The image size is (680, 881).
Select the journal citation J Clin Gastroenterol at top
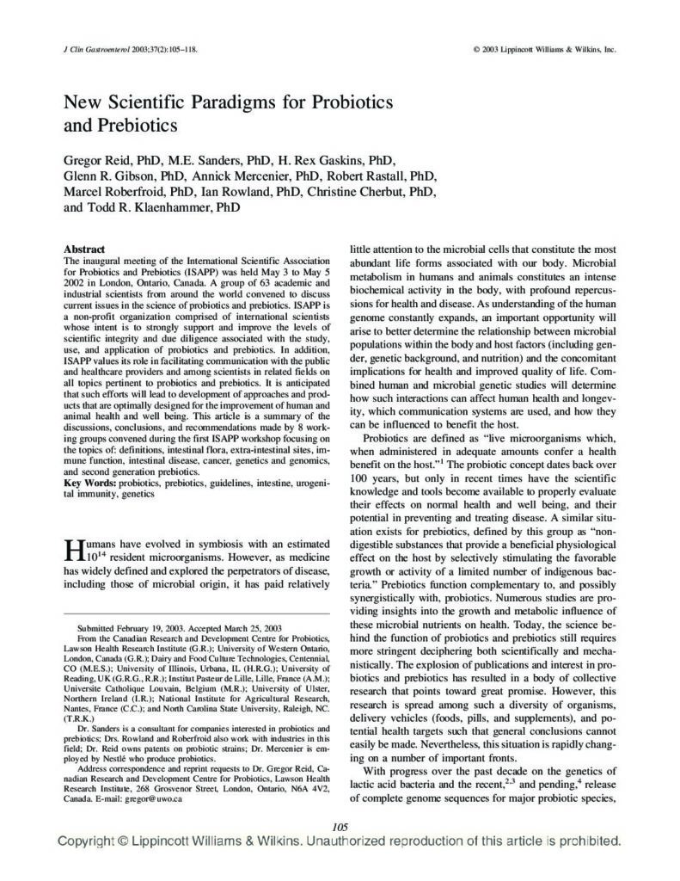click(103, 50)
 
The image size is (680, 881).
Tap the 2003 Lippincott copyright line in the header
click(544, 50)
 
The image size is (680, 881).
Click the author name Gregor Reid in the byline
click(101, 160)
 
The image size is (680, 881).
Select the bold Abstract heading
click(84, 250)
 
